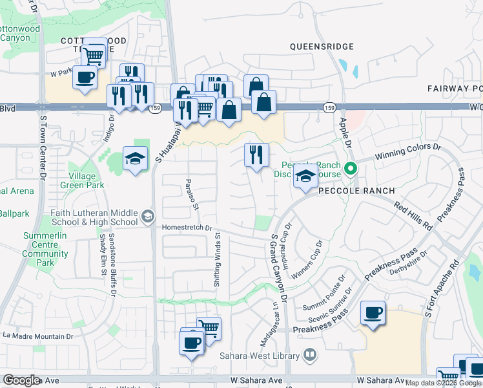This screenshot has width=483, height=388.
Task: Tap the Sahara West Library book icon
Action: [310, 355]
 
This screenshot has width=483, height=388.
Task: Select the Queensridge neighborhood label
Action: [322, 47]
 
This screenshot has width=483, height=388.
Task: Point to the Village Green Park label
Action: [82, 180]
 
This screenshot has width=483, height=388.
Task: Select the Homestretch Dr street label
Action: [187, 228]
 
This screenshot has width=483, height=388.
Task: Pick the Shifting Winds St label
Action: [217, 260]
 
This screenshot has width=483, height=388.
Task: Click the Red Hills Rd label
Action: [413, 216]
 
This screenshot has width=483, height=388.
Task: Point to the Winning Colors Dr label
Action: [409, 151]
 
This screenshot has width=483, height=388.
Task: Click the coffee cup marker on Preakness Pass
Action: [373, 314]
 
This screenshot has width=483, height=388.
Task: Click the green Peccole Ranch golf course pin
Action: [351, 170]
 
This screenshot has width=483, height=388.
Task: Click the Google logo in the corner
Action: [21, 380]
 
